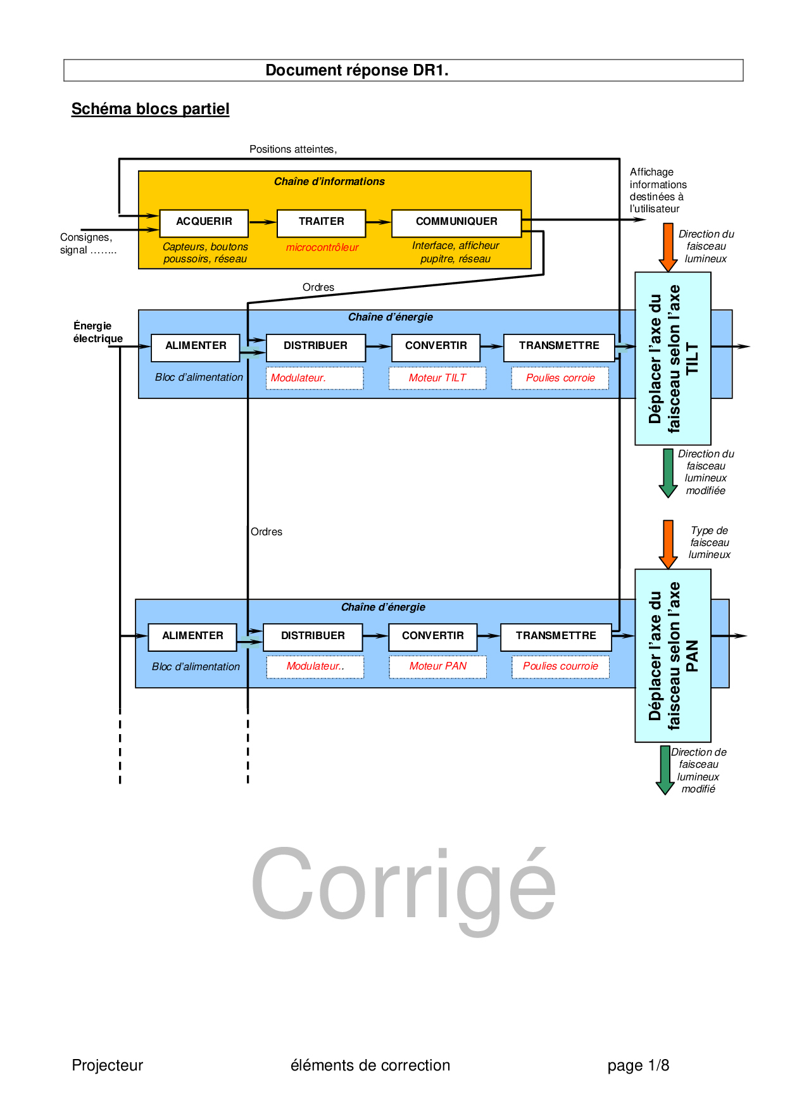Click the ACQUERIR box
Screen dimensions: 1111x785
204,222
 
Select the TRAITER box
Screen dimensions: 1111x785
321,222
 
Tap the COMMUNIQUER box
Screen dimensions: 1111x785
456,222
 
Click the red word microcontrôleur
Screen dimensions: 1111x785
322,248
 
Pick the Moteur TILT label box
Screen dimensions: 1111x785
437,378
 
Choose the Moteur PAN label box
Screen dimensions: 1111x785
437,666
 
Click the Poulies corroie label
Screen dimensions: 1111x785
560,378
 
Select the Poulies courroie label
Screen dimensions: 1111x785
560,666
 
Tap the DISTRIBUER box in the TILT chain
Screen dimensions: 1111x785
315,346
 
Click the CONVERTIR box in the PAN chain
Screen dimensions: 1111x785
432,636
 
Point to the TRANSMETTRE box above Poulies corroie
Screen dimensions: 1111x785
559,346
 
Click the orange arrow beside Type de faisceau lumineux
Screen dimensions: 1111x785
668,543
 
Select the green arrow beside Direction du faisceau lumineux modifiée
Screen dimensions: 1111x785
668,473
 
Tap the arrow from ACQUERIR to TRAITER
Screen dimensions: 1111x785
262,222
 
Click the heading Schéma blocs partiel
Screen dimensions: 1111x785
150,109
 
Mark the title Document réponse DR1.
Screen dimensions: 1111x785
356,70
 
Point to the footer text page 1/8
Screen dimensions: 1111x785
638,1065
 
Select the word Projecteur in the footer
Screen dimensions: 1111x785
108,1065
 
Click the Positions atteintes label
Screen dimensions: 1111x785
292,149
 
